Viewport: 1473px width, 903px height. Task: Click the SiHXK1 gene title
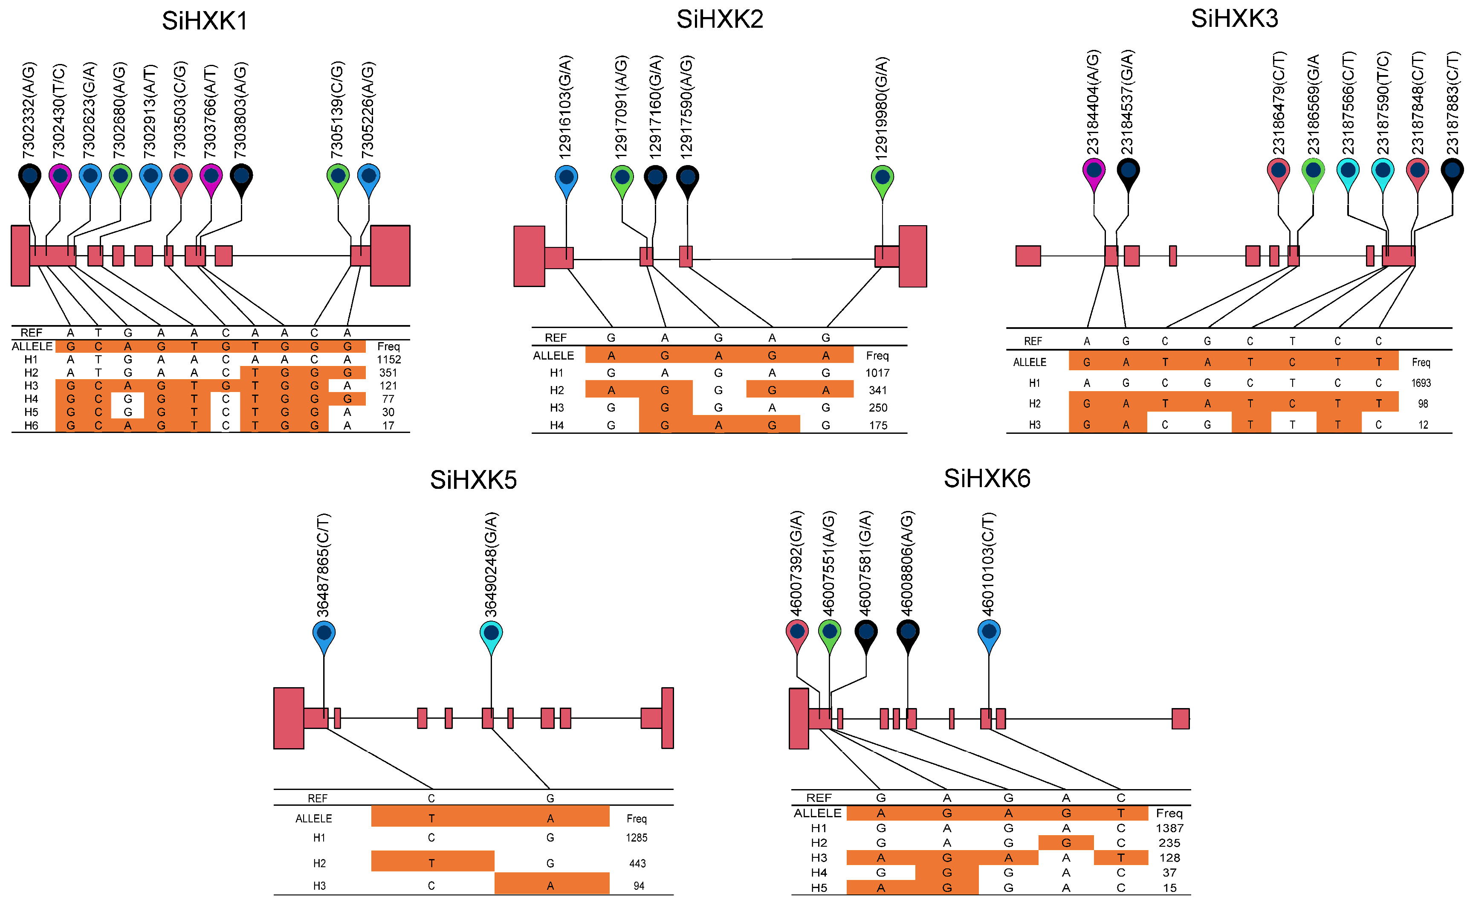click(205, 21)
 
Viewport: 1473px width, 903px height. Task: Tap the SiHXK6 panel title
click(987, 479)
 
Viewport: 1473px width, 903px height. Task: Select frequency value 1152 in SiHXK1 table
click(388, 360)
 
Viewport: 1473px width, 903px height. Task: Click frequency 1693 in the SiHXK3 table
click(1421, 383)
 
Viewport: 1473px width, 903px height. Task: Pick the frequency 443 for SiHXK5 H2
click(637, 863)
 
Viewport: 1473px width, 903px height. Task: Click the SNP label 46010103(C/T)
click(988, 564)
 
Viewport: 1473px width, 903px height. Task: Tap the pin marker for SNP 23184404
click(1094, 172)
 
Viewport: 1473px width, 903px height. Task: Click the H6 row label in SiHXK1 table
click(31, 426)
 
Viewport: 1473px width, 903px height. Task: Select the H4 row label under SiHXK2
click(556, 425)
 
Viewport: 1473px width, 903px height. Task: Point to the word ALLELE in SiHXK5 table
click(314, 819)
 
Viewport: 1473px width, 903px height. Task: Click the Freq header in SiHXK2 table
click(877, 356)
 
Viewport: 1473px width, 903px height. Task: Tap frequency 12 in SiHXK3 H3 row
click(1423, 424)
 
